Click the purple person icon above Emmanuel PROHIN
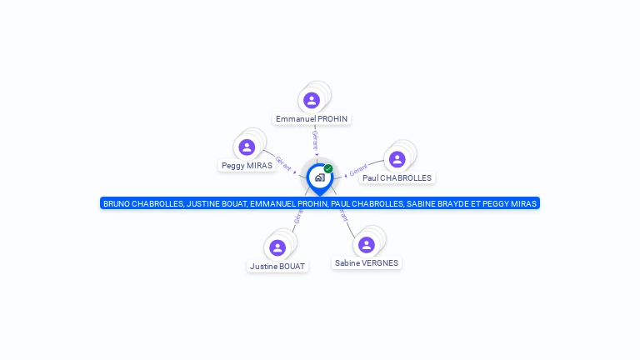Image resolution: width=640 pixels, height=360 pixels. click(312, 100)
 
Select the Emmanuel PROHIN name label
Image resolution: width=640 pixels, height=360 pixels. click(312, 119)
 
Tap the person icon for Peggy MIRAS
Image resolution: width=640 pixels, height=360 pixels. click(247, 147)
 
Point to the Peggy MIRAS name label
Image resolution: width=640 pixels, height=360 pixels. click(247, 166)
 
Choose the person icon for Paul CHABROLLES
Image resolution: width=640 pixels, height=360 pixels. click(397, 159)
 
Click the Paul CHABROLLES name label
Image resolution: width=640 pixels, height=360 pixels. click(397, 177)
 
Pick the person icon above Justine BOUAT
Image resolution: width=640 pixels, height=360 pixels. click(277, 247)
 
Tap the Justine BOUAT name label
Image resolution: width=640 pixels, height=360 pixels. click(277, 267)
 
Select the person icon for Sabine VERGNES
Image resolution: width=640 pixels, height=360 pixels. click(367, 244)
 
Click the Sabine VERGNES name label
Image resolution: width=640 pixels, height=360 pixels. click(367, 263)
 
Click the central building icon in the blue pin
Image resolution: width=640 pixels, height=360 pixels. click(319, 177)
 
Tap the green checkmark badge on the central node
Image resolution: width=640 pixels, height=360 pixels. click(328, 168)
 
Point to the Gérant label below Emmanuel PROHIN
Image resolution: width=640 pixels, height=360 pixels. click(314, 138)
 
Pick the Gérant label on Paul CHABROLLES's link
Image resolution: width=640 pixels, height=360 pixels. click(358, 171)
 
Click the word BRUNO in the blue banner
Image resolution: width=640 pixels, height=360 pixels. click(117, 203)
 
